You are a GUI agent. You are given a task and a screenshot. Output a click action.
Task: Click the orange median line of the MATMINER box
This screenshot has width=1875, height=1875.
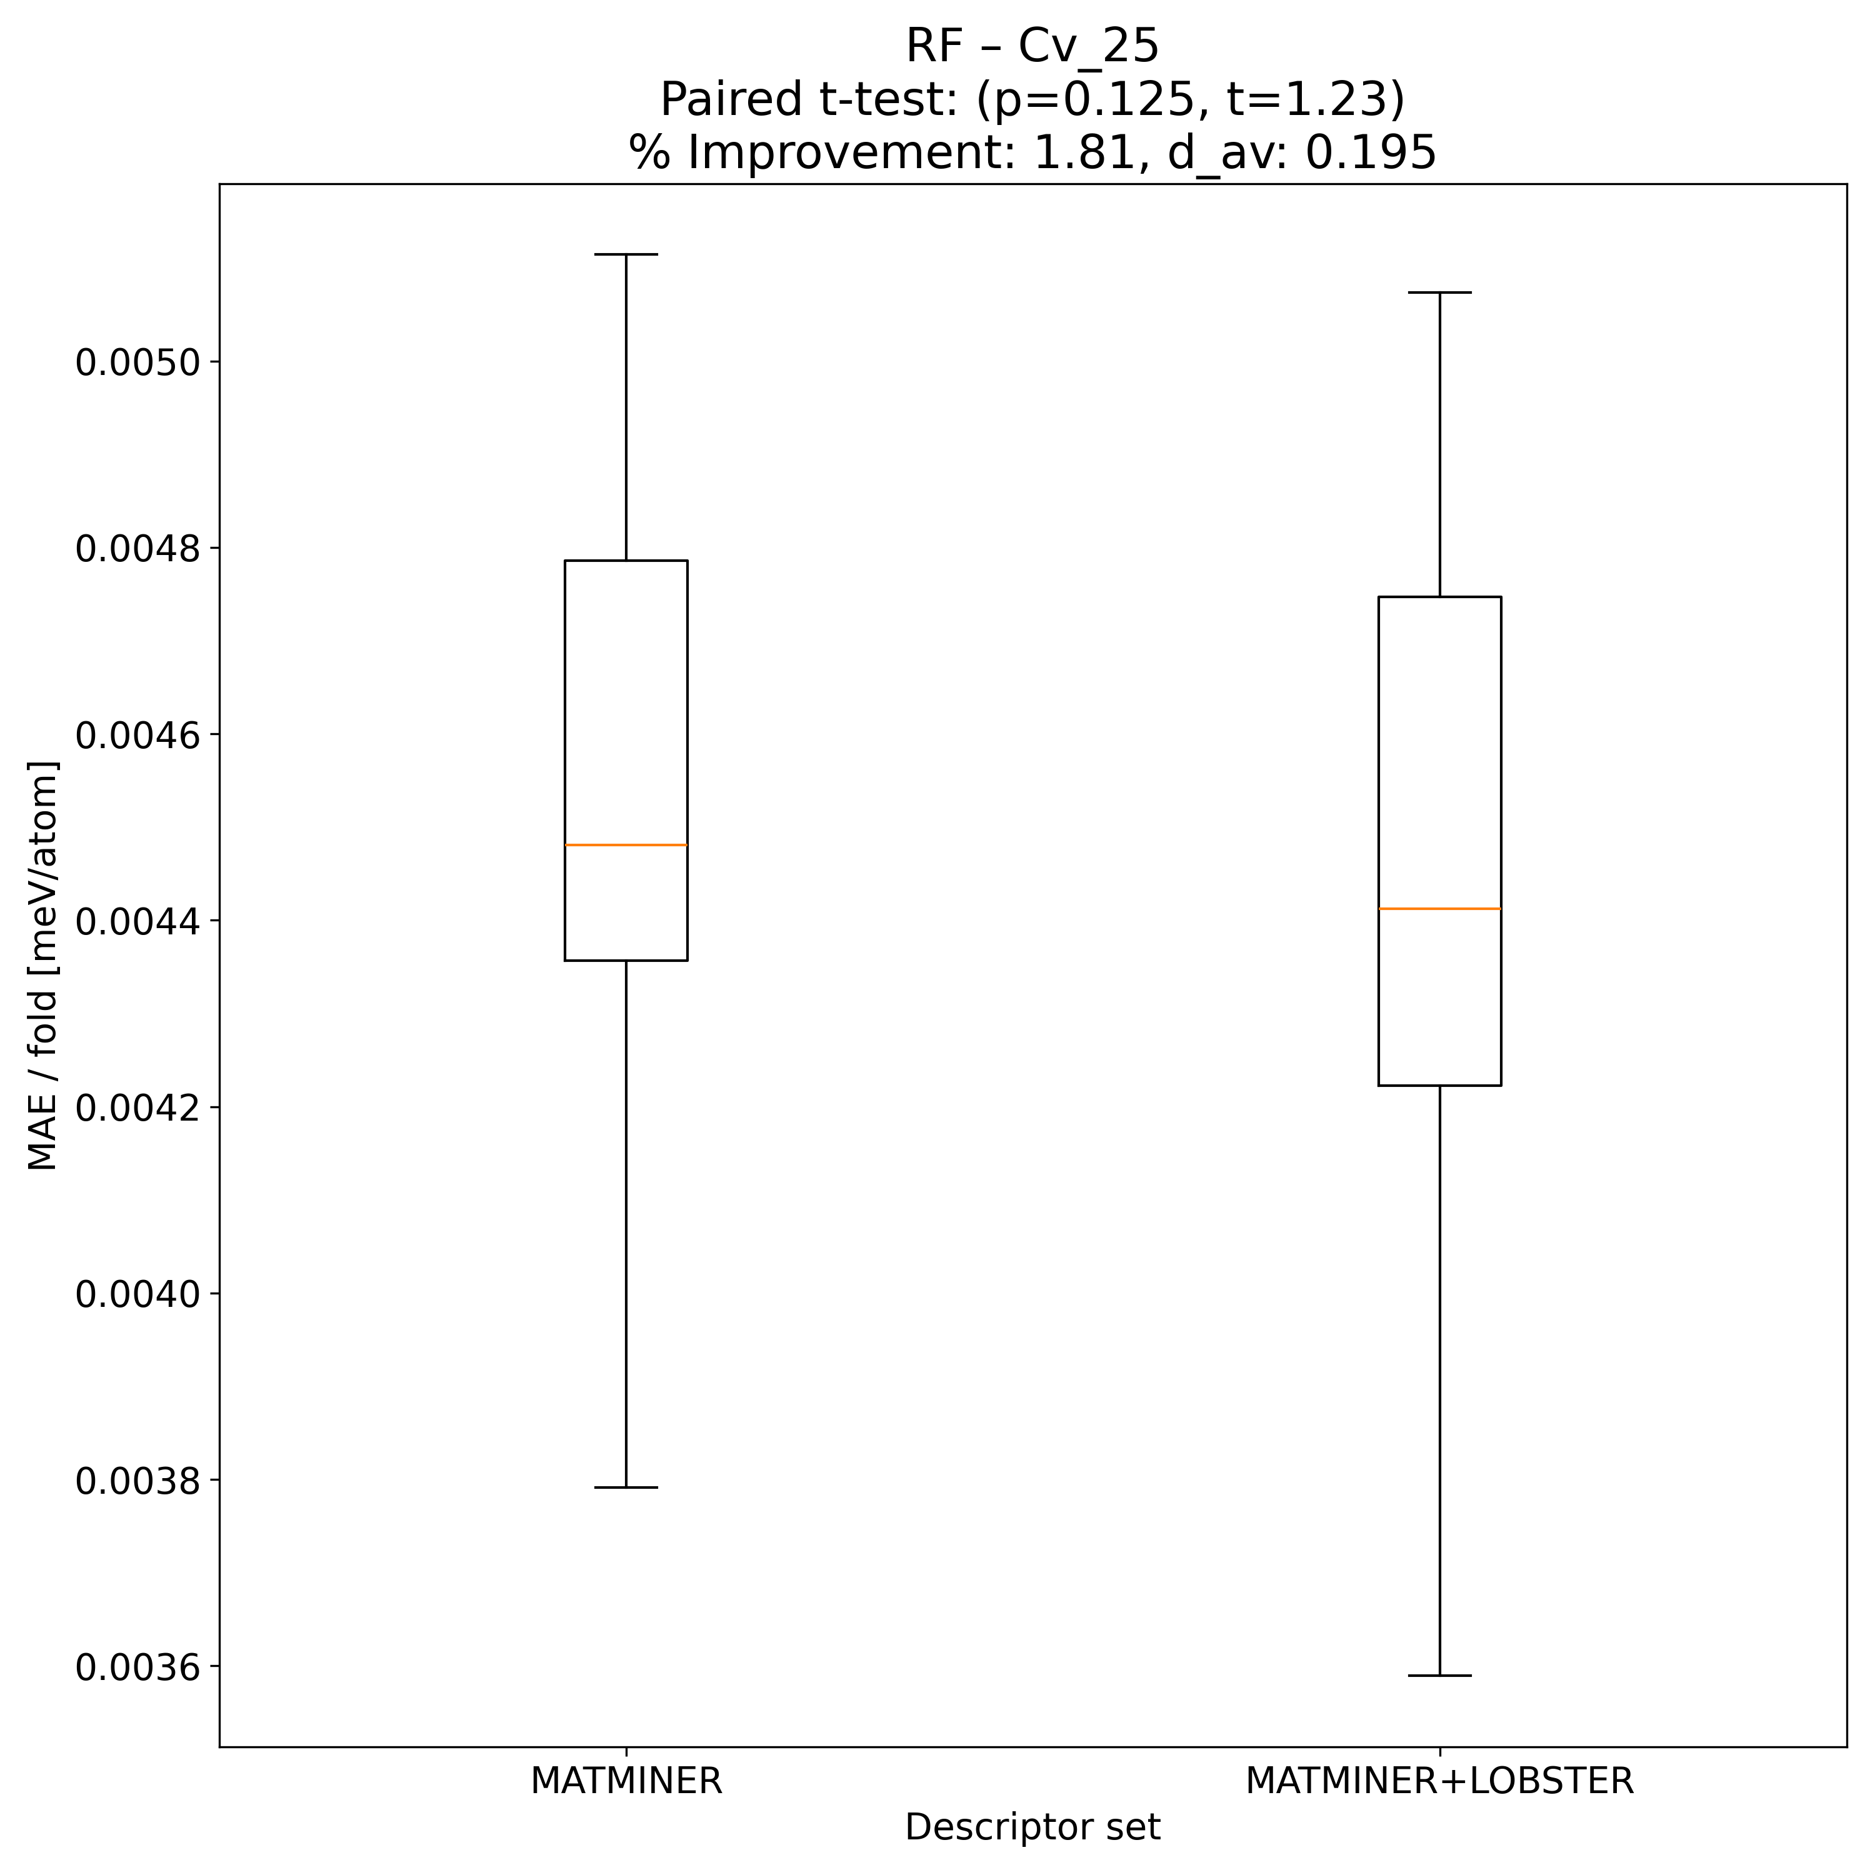pos(626,845)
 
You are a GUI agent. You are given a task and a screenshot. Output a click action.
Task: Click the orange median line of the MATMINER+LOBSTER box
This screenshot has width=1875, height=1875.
pos(1439,908)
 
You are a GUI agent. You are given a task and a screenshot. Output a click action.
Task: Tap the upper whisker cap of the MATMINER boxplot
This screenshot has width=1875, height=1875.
pos(626,254)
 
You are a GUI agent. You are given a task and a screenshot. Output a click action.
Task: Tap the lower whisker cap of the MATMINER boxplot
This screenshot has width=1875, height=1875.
pos(626,1487)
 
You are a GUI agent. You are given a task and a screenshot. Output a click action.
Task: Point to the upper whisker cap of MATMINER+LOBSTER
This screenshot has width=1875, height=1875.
pos(1439,292)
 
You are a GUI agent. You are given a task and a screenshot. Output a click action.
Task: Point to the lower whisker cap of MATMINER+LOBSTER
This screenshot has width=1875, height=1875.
pos(1439,1675)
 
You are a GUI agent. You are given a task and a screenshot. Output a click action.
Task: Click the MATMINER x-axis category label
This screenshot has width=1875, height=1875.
pos(626,1781)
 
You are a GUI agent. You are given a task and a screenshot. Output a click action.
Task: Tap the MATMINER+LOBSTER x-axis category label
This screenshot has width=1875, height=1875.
pos(1439,1781)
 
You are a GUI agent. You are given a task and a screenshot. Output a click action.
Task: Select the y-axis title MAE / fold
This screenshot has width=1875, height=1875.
pos(42,966)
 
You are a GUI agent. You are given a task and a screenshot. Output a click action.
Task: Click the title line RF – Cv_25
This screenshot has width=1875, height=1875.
pos(1032,46)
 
